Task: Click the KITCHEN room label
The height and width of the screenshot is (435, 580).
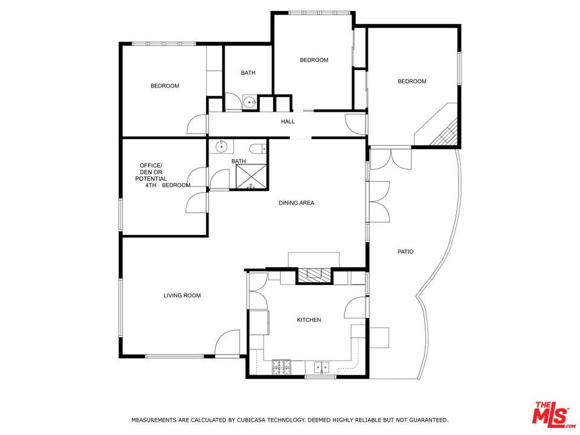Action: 309,320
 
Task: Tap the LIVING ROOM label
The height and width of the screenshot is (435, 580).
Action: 182,295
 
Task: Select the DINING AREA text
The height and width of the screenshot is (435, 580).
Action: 296,203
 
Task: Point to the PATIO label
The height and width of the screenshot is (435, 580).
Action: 405,251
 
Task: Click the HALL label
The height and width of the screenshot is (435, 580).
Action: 288,121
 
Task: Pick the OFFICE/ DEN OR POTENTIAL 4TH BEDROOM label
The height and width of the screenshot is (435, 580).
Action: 163,175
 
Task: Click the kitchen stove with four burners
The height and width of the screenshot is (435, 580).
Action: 282,367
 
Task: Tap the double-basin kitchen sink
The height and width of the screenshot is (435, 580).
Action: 322,368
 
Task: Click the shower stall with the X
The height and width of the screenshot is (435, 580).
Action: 251,176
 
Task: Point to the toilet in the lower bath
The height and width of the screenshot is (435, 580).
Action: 258,149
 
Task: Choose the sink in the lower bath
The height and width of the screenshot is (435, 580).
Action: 221,146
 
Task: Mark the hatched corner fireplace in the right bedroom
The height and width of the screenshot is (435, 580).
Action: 446,132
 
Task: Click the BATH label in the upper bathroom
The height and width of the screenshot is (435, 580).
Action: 248,73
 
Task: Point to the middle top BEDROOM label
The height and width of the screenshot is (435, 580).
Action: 314,60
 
